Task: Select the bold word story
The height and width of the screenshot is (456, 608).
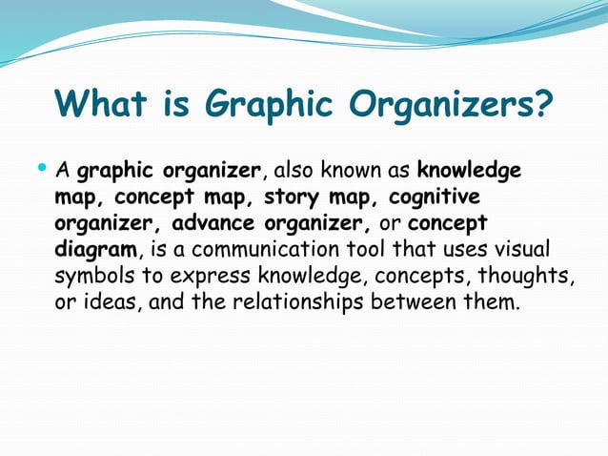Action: point(293,197)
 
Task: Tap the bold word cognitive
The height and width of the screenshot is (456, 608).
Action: point(434,197)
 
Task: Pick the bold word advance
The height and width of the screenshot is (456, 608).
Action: point(204,223)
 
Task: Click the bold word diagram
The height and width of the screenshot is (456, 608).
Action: point(96,250)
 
